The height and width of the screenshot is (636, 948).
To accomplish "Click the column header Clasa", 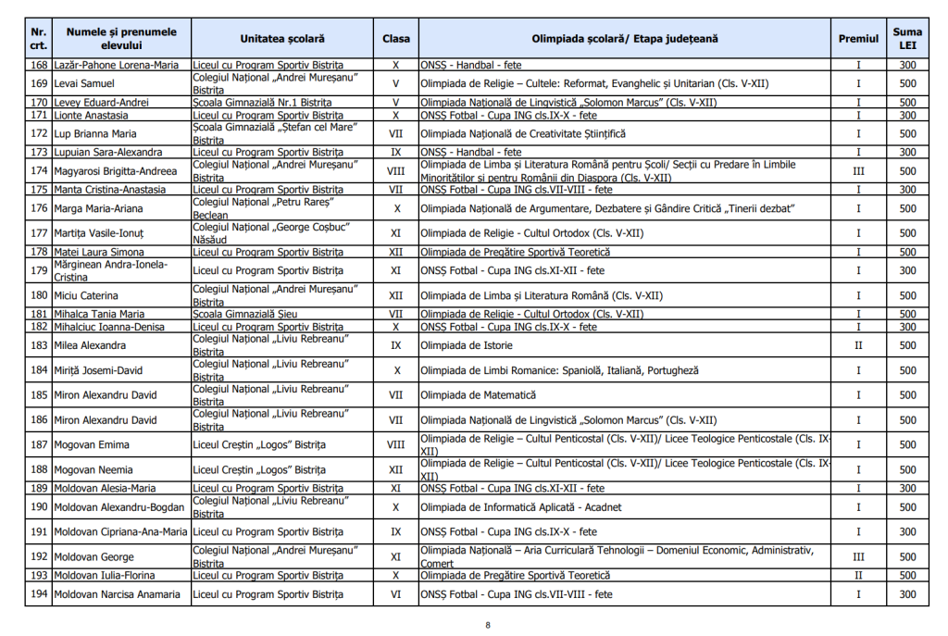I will click(x=395, y=39).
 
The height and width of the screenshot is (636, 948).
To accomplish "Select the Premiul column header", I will click(x=858, y=39).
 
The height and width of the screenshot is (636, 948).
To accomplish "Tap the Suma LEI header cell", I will click(x=907, y=39).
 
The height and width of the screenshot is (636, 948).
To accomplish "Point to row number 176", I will click(x=39, y=208).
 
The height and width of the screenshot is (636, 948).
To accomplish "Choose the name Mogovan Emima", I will click(x=91, y=445).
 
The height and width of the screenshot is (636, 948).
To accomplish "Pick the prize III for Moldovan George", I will click(x=858, y=557).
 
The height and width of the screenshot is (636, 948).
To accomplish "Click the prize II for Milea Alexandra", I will click(x=858, y=345).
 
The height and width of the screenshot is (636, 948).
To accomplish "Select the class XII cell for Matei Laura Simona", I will click(x=395, y=252).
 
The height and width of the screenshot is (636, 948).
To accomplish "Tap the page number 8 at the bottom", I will click(x=488, y=625).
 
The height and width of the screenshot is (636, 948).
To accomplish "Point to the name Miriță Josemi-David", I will click(x=98, y=370).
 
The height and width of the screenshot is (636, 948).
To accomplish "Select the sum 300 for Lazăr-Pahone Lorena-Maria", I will click(x=907, y=66).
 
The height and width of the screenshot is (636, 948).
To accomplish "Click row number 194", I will click(x=39, y=594).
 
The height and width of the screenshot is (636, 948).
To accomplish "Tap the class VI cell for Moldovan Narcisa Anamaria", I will click(x=395, y=594).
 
